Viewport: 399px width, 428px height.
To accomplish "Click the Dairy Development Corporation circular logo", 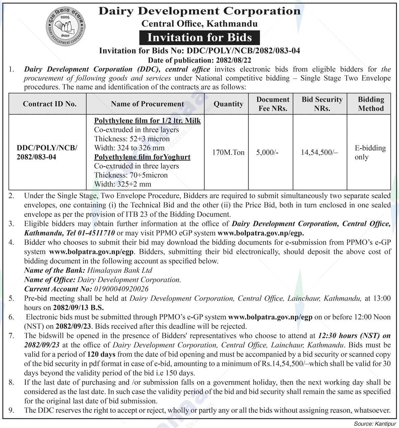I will tap(66, 27).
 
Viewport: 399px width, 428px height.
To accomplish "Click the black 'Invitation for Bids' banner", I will tap(199, 37).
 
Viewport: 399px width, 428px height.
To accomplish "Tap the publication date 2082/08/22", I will tap(233, 60).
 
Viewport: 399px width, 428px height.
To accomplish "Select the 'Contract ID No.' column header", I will tap(50, 104).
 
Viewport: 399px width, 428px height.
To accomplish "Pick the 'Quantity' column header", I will tap(228, 104).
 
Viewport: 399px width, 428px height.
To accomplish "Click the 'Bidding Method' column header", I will tap(371, 104).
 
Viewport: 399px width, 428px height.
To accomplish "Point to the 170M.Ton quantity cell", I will tap(228, 153).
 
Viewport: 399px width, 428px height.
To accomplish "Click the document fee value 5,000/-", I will tap(267, 153).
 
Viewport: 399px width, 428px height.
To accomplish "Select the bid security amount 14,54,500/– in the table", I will tap(319, 153).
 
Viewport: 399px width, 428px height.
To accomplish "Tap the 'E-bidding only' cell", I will tap(370, 153).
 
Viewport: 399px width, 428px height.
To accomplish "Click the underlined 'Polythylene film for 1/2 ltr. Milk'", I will tap(147, 121).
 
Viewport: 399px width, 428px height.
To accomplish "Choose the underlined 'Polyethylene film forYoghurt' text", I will tap(142, 157).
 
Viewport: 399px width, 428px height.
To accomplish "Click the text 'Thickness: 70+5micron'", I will tap(131, 175).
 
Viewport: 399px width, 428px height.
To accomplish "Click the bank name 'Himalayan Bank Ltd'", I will tap(120, 270).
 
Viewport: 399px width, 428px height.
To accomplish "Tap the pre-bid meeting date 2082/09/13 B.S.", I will tap(78, 307).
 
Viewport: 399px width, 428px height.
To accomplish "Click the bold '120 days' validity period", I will tap(101, 354).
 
